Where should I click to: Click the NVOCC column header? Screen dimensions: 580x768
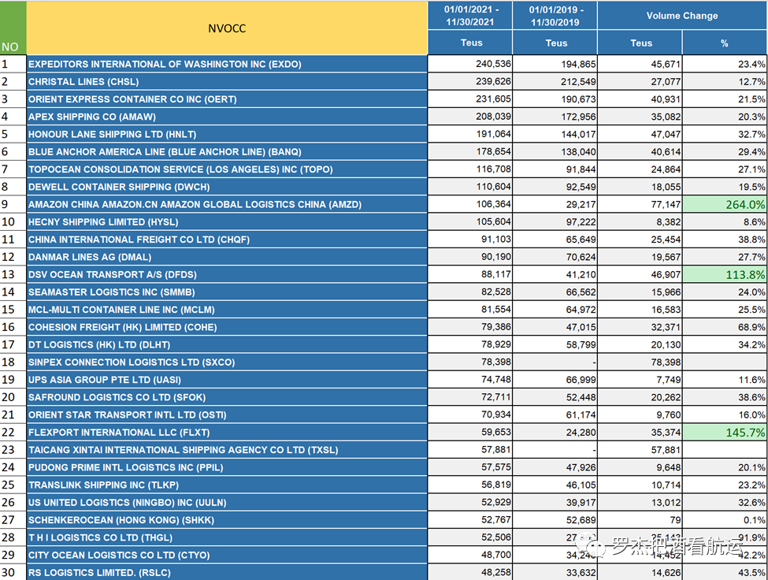coord(227,28)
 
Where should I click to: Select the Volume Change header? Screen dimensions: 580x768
coord(681,16)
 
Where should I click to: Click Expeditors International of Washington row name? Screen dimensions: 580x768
coord(165,64)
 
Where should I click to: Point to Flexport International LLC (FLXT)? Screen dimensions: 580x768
coord(119,433)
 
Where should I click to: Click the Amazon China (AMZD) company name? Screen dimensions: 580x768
coord(195,205)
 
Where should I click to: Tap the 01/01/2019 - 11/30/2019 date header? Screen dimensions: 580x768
coord(555,16)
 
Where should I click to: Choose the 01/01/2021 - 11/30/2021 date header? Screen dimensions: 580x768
coord(470,16)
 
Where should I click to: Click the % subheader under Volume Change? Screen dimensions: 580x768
coord(724,43)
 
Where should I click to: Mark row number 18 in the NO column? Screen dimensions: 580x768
coord(9,362)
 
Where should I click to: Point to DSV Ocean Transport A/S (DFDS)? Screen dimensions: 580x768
coord(113,275)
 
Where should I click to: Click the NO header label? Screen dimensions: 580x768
coord(9,46)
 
